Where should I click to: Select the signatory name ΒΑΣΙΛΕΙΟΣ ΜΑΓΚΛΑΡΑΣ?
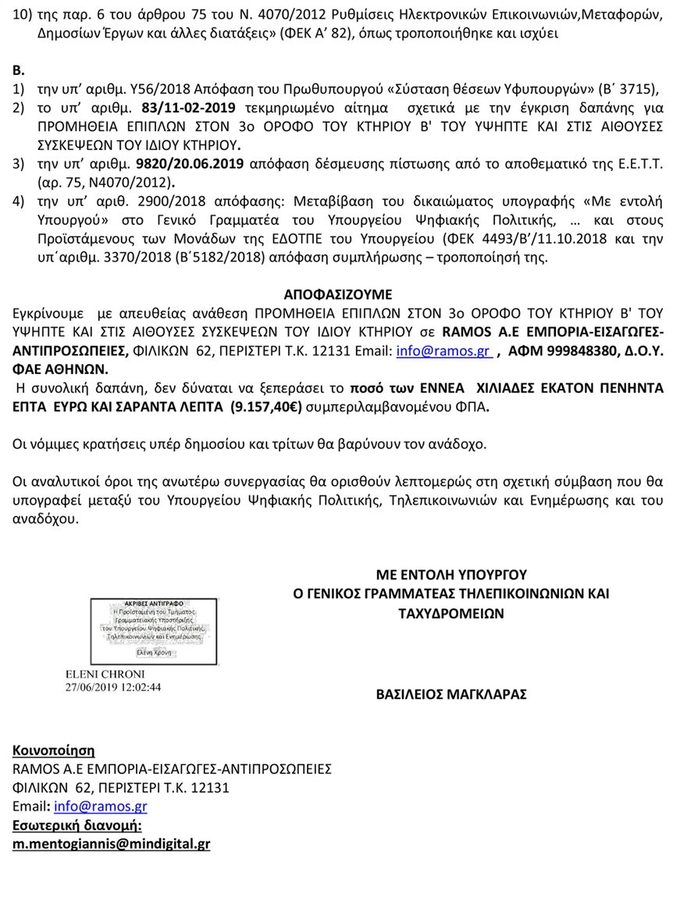tap(451, 693)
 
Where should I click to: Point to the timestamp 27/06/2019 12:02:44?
tap(114, 687)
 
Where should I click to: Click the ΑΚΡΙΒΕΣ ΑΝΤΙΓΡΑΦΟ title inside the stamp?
tap(154, 604)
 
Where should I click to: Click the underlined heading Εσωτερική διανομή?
tap(77, 826)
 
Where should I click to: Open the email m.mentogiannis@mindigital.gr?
tap(112, 844)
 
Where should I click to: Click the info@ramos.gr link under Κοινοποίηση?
tap(101, 807)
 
